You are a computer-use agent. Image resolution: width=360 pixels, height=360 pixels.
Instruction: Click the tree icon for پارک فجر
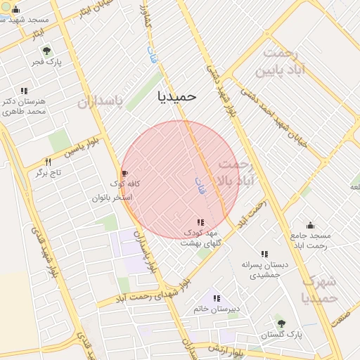46,51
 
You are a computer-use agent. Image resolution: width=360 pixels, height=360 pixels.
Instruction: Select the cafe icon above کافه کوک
125,173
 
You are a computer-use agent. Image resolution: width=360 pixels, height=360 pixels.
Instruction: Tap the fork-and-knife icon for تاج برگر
48,162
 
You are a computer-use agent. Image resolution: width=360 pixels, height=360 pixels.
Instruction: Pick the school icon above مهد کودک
201,222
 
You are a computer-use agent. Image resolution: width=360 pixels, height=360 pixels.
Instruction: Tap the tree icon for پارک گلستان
281,323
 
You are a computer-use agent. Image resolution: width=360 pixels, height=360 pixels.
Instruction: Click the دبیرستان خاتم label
216,309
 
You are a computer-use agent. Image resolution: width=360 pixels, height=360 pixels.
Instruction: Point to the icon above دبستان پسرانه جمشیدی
264,254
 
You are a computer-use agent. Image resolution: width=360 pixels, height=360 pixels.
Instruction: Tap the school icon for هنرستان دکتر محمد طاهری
24,91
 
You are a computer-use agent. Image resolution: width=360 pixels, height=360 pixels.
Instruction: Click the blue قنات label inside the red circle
200,184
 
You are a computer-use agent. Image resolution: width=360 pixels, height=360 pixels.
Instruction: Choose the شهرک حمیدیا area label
320,289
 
